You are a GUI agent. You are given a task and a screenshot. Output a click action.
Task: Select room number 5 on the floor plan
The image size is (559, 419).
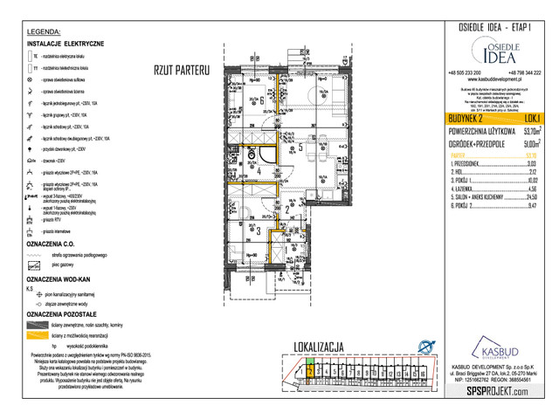(x=300, y=148)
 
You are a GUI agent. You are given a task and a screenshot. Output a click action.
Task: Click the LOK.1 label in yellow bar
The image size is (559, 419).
(x=531, y=117)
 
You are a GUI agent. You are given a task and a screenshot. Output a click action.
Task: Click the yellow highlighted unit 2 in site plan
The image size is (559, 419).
(x=309, y=372)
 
